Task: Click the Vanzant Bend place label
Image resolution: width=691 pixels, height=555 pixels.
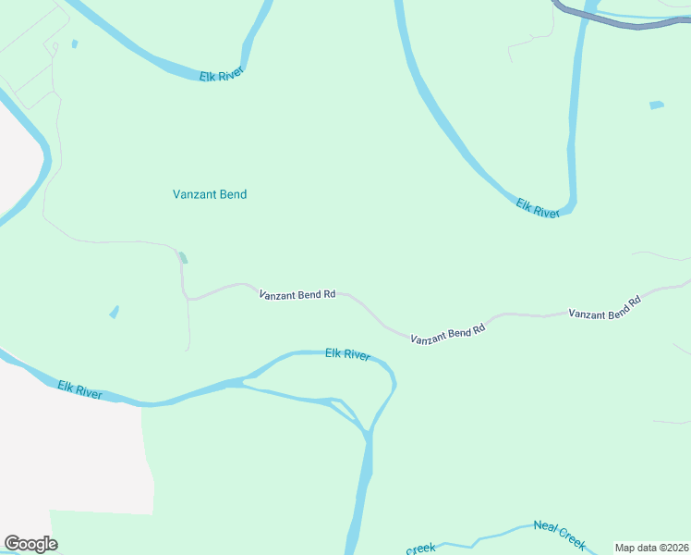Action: tap(210, 194)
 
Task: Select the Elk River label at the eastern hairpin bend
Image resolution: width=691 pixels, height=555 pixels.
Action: tap(539, 207)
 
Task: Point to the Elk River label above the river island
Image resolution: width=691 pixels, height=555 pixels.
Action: tap(347, 354)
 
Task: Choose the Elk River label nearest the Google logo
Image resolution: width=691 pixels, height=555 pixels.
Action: tap(79, 390)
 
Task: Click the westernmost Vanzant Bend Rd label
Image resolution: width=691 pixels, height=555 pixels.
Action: tap(297, 295)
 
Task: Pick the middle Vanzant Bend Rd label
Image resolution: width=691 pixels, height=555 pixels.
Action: tap(448, 334)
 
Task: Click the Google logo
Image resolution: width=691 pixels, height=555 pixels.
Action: tap(30, 544)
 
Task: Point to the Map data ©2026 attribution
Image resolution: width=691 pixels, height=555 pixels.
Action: tap(650, 548)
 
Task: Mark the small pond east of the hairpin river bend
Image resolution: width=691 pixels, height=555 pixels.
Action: tap(656, 105)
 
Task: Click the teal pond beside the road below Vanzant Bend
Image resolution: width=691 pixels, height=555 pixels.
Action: tap(183, 258)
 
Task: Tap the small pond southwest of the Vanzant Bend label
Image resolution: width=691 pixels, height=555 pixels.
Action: tap(114, 312)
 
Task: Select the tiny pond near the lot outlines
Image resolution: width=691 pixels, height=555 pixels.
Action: tap(74, 43)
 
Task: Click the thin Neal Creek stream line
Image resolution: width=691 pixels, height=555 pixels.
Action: tap(499, 535)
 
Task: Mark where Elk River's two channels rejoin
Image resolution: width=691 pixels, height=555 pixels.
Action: tap(368, 433)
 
